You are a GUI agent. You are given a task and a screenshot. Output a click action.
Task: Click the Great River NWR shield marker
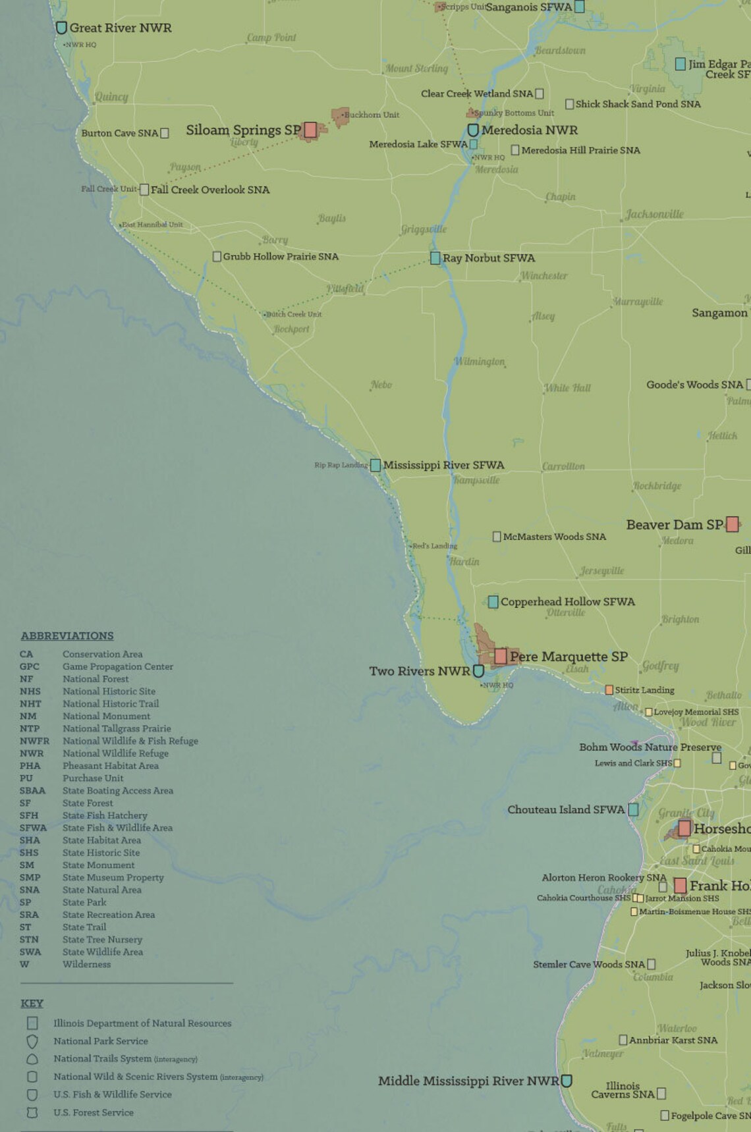(x=61, y=28)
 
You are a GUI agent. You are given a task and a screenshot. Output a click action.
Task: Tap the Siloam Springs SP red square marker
(x=310, y=130)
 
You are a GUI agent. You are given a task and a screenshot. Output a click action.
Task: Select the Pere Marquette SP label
(x=569, y=657)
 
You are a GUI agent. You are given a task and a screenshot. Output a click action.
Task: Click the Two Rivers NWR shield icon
(x=479, y=671)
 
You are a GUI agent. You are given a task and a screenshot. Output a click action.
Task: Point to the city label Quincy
(x=111, y=97)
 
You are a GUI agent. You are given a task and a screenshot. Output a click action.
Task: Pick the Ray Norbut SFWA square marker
(x=435, y=258)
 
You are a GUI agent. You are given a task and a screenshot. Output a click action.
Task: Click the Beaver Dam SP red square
(x=732, y=524)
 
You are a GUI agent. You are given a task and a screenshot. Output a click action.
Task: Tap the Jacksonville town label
(x=654, y=214)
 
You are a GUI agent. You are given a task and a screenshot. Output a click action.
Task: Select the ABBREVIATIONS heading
(x=67, y=635)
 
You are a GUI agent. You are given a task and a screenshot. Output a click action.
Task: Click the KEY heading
(x=32, y=1003)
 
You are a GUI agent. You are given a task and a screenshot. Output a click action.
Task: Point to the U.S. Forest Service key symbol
(x=32, y=1112)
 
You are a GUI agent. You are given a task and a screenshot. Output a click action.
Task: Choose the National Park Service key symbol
(x=32, y=1041)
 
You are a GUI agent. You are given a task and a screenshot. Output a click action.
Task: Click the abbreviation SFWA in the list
(x=33, y=828)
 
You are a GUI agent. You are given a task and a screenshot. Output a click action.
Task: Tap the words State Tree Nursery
(x=102, y=940)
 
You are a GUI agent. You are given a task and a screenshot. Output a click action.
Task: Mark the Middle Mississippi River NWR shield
(x=566, y=1081)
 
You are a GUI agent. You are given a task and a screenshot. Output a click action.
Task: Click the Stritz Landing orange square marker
(x=609, y=690)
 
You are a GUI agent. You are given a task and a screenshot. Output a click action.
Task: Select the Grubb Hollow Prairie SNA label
(x=281, y=256)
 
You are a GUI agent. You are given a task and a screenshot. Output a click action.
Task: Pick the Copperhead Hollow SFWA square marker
(x=493, y=601)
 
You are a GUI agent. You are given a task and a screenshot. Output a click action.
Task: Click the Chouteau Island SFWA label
(x=566, y=809)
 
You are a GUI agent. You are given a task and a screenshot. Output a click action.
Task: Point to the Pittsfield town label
(x=345, y=288)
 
